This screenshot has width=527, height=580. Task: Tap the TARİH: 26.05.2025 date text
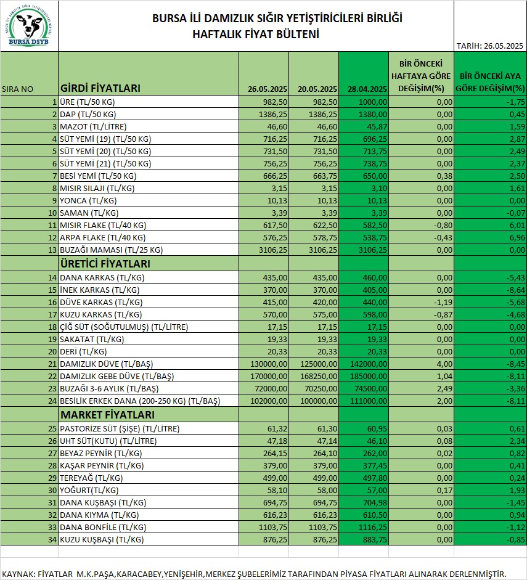coord(489,46)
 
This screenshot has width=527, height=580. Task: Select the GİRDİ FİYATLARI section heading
coord(100,88)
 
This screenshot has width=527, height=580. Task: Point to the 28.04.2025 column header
coord(367,89)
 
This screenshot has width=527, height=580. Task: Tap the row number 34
coord(52,539)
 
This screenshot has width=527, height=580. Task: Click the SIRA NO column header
coord(18,89)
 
